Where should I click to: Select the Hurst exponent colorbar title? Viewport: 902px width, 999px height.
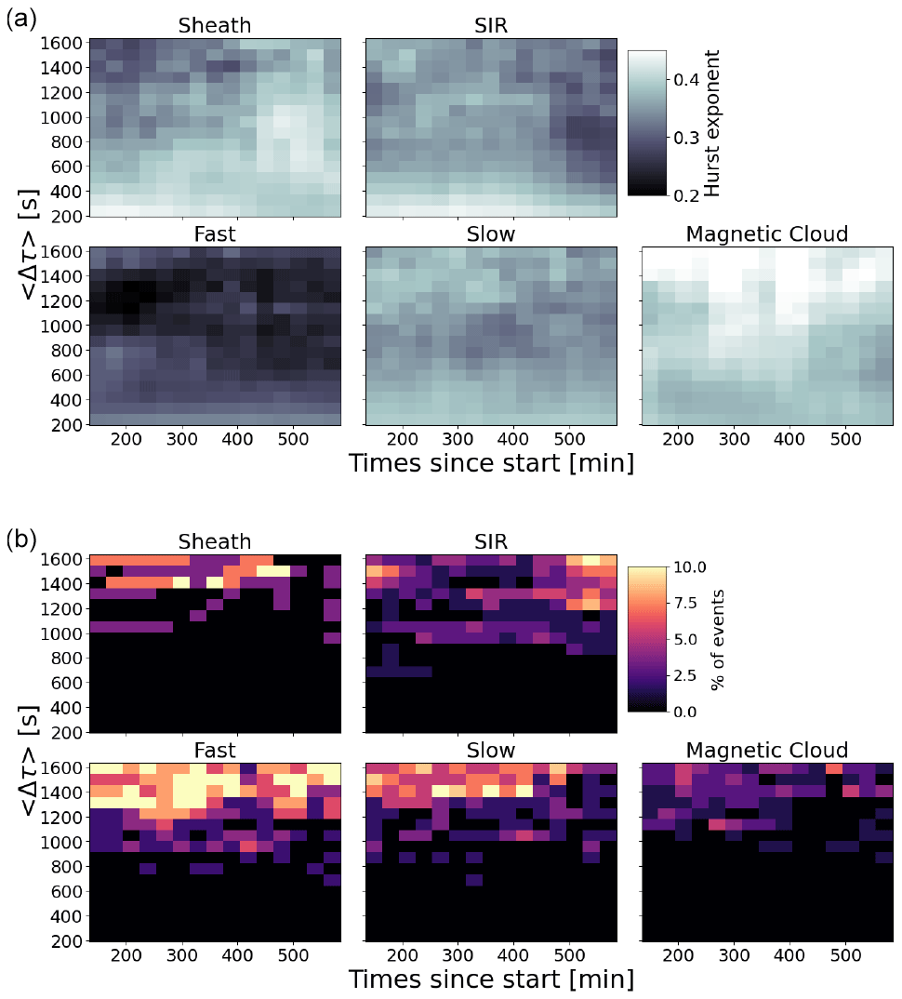[x=712, y=123]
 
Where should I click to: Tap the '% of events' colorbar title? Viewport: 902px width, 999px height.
[x=717, y=638]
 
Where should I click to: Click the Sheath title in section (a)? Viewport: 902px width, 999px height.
[x=214, y=25]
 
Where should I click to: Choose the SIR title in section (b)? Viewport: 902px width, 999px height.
[x=490, y=541]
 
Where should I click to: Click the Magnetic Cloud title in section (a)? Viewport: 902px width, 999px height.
[x=767, y=233]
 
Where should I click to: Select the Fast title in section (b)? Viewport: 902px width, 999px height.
[x=214, y=750]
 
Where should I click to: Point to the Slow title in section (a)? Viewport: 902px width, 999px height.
[x=490, y=233]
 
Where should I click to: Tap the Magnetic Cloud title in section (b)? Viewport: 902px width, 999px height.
[x=767, y=750]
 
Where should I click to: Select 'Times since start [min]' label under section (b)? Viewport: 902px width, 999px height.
[x=491, y=979]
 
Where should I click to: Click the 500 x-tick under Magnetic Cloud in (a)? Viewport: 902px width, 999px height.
[x=845, y=438]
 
